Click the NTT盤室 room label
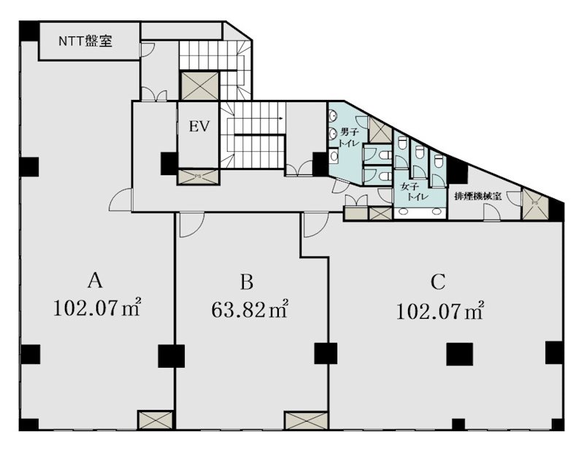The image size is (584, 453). (85, 42)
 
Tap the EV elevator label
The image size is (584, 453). (199, 127)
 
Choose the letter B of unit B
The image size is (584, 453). (247, 280)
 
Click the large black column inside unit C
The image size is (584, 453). (459, 354)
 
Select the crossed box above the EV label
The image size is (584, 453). (199, 85)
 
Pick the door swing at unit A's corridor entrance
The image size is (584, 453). (121, 201)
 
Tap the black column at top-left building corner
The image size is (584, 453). (29, 32)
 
